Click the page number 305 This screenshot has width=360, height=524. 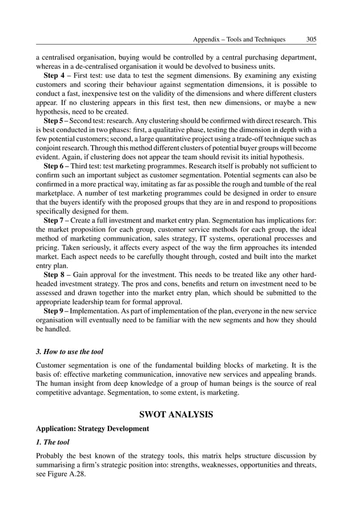click(311, 40)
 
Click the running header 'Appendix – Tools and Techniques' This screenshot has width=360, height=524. click(239, 40)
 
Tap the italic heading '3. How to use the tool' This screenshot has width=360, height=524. click(70, 351)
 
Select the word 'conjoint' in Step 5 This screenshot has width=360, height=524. click(49, 148)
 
